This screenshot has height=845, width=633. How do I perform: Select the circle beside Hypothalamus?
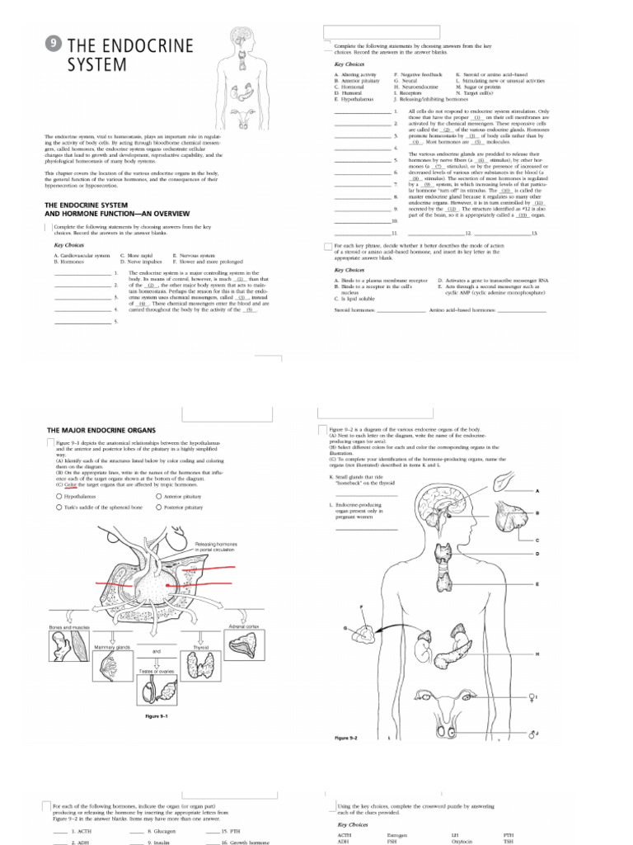tap(59, 497)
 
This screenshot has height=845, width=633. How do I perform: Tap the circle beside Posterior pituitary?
tap(158, 507)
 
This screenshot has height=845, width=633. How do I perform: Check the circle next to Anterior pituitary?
tap(158, 497)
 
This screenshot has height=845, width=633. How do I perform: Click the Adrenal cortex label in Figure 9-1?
tap(244, 626)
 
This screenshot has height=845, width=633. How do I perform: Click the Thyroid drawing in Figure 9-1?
tap(202, 661)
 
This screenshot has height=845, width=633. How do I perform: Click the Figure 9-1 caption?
tap(157, 716)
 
